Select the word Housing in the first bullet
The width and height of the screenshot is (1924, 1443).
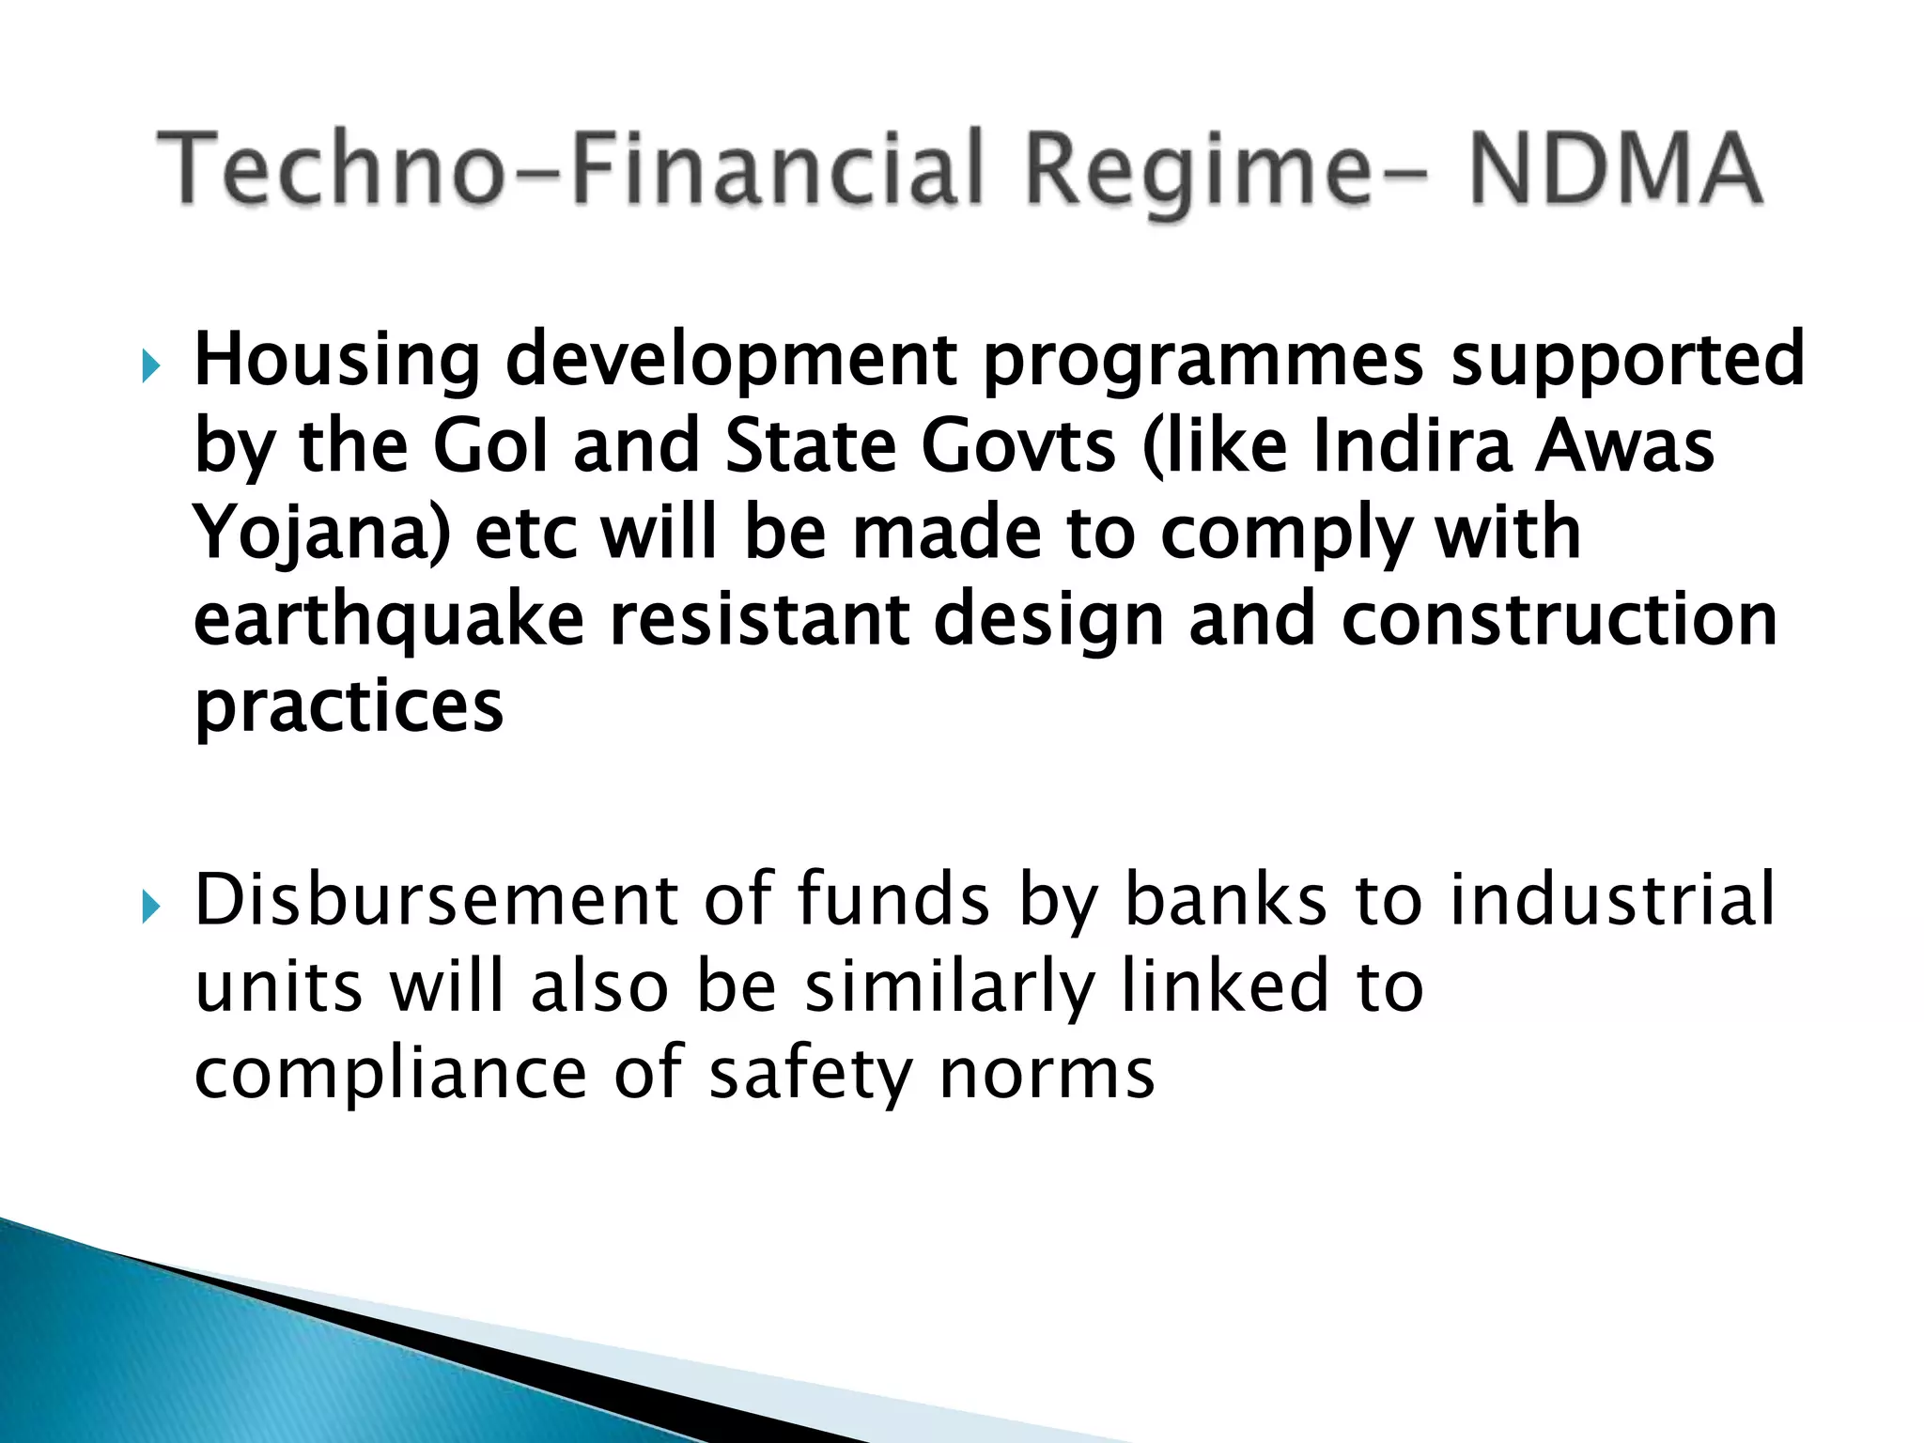337,361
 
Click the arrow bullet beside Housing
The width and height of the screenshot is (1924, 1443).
151,365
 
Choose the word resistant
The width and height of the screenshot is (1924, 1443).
759,620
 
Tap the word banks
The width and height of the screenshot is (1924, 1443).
1226,900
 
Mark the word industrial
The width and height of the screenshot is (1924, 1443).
1612,900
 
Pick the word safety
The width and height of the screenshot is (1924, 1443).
810,1075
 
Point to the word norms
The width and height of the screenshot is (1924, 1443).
1047,1075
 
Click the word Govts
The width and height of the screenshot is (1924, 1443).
1018,446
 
